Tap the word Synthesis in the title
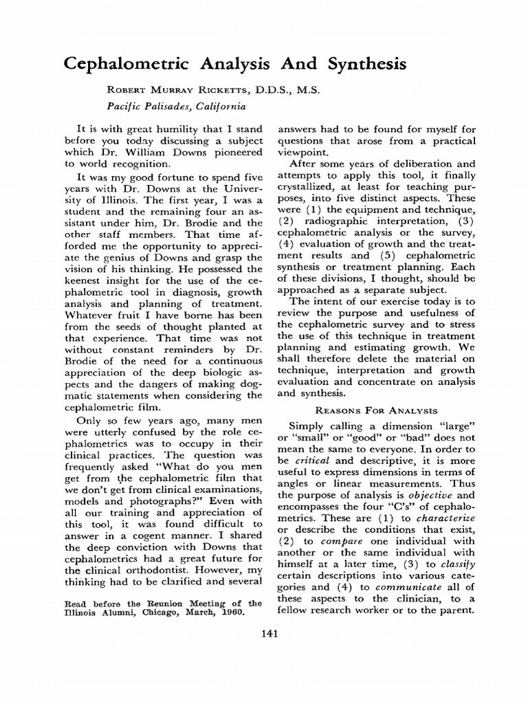coord(357,65)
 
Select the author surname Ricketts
coord(221,90)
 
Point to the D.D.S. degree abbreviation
coord(276,90)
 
